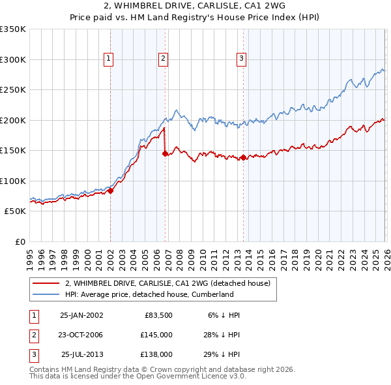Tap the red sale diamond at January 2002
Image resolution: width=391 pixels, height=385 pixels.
110,191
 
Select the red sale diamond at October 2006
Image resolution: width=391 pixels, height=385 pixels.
165,153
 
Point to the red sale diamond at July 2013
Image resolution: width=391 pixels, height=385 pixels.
243,157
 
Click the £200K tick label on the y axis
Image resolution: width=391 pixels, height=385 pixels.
12,120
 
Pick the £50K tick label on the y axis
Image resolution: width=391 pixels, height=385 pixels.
15,211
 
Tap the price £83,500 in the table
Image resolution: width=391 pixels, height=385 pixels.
156,315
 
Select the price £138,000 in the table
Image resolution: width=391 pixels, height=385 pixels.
156,354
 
